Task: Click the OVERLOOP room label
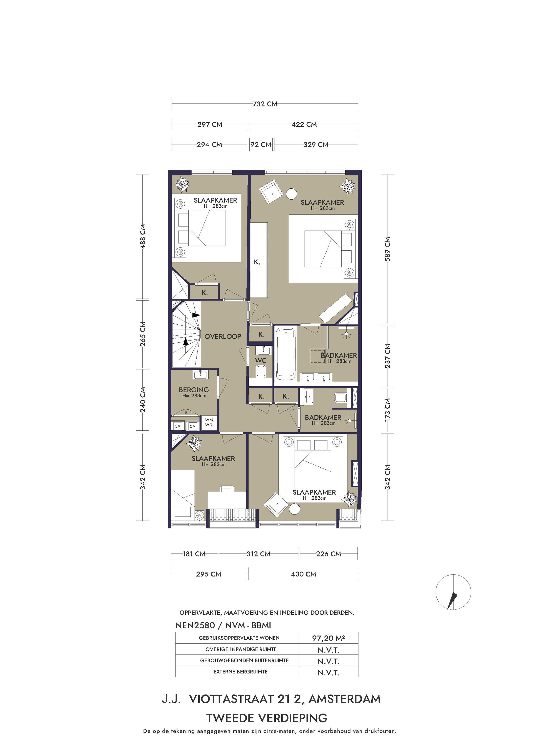click(222, 336)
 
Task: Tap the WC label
click(261, 360)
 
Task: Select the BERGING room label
click(194, 390)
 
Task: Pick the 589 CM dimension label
click(388, 249)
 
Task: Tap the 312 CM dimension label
click(258, 554)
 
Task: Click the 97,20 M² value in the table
click(328, 638)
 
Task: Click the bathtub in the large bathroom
click(285, 354)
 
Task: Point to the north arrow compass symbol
click(453, 592)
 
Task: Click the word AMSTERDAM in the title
click(345, 699)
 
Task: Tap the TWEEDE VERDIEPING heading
click(267, 718)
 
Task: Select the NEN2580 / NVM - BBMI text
click(223, 626)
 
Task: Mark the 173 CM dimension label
click(388, 410)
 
